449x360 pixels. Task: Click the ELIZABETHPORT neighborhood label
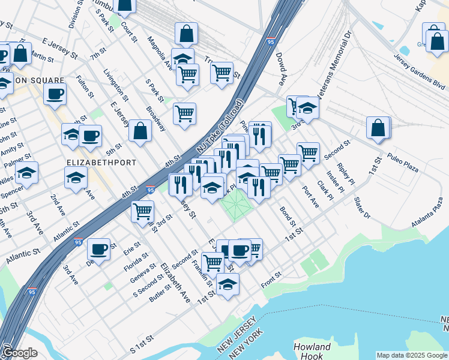[x=101, y=163]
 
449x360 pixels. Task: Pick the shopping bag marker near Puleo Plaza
[x=378, y=127]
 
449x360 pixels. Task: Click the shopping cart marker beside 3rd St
[x=143, y=211]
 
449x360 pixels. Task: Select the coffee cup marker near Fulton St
[x=55, y=94]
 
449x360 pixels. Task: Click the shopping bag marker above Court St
[x=125, y=5]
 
